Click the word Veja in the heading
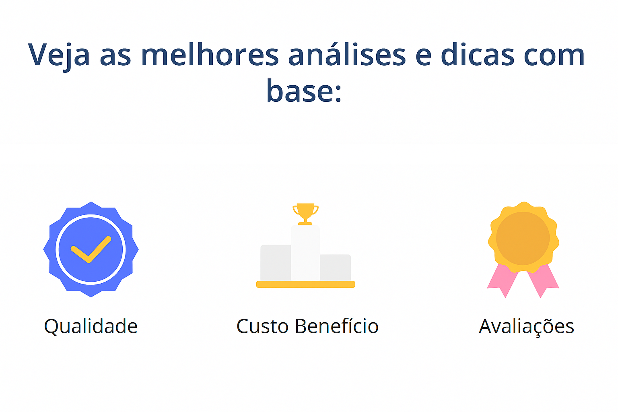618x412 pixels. [59, 55]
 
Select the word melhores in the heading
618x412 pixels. [210, 55]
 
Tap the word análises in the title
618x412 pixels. [347, 55]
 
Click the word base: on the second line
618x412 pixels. [304, 91]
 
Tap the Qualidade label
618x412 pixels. [91, 326]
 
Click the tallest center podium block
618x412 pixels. [305, 253]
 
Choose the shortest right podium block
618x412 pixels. [335, 267]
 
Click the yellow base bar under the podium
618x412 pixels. [305, 284]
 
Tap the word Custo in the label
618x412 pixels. [262, 326]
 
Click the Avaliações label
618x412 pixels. [526, 326]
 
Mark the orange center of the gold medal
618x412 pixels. [523, 238]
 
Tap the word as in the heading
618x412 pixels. [115, 56]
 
